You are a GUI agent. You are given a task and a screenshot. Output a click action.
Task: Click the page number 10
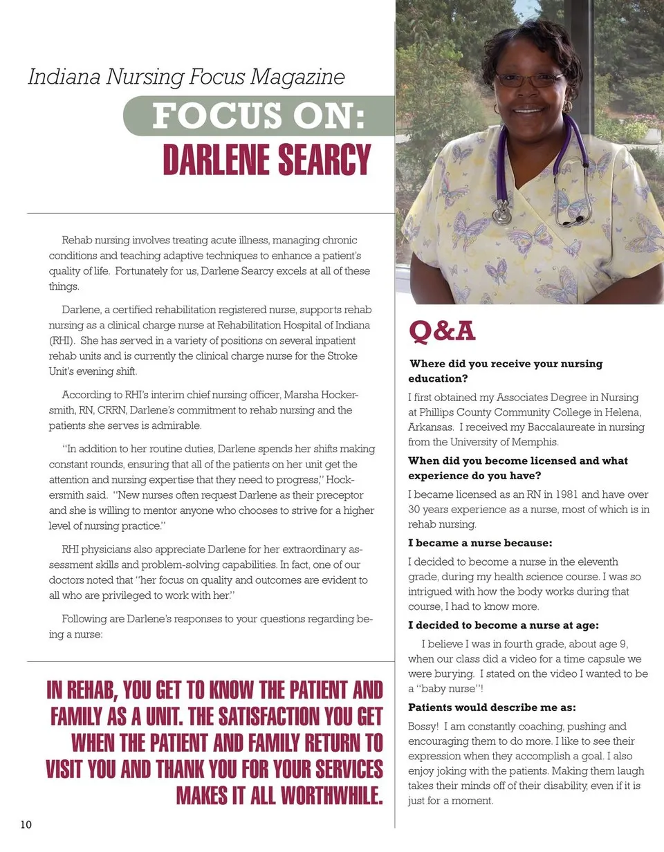click(x=26, y=824)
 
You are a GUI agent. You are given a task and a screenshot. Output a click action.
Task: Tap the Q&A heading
click(x=442, y=331)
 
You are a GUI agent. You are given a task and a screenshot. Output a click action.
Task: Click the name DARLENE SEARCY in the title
click(x=267, y=160)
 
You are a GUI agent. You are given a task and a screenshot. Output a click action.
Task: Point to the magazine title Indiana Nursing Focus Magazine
click(x=186, y=77)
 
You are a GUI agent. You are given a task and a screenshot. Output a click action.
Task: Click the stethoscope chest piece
click(x=501, y=214)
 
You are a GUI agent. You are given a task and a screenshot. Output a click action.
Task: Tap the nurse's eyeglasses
click(x=529, y=80)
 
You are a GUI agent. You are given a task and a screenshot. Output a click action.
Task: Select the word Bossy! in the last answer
click(x=423, y=726)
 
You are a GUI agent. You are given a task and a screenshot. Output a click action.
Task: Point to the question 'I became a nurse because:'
click(x=480, y=543)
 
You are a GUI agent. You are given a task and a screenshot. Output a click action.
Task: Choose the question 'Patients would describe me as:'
click(x=492, y=707)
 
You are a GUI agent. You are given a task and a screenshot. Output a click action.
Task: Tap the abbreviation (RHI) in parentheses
click(x=60, y=340)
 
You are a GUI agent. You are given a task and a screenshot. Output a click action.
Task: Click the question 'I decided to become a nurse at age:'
click(x=503, y=625)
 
